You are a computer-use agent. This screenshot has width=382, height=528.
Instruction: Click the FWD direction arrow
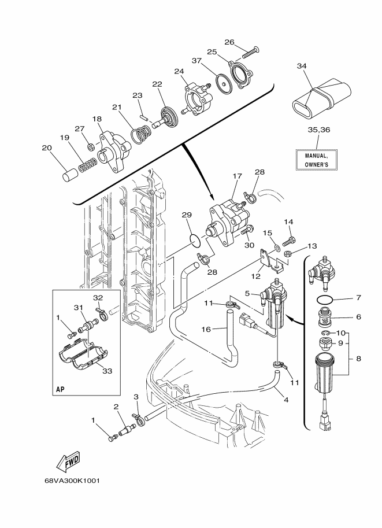(68, 461)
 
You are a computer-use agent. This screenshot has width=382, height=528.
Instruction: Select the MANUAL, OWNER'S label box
(316, 160)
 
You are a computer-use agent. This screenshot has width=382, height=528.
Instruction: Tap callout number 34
(302, 66)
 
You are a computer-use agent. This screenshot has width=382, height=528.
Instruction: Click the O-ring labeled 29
(195, 239)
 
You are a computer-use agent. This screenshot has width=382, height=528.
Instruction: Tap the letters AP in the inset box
(61, 389)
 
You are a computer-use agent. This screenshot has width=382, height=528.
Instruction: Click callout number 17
(238, 176)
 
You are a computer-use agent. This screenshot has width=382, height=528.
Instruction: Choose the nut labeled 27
(90, 146)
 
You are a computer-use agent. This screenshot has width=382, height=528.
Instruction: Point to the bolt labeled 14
(290, 241)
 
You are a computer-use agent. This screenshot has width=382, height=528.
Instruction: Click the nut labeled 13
(287, 253)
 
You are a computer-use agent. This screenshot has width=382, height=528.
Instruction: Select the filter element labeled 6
(325, 316)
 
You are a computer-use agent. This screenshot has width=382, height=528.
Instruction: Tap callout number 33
(107, 371)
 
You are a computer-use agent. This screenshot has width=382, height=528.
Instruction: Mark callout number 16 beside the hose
(206, 329)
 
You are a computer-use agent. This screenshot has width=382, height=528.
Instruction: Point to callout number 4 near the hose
(286, 400)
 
